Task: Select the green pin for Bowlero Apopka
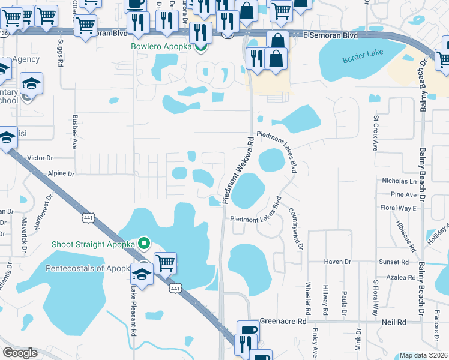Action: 205,47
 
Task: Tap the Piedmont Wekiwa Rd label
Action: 238,170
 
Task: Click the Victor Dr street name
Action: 41,158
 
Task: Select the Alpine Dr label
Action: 62,173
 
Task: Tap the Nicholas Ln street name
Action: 399,181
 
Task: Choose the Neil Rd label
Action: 394,322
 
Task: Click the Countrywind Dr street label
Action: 295,229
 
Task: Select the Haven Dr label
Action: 337,262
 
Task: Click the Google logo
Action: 20,352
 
